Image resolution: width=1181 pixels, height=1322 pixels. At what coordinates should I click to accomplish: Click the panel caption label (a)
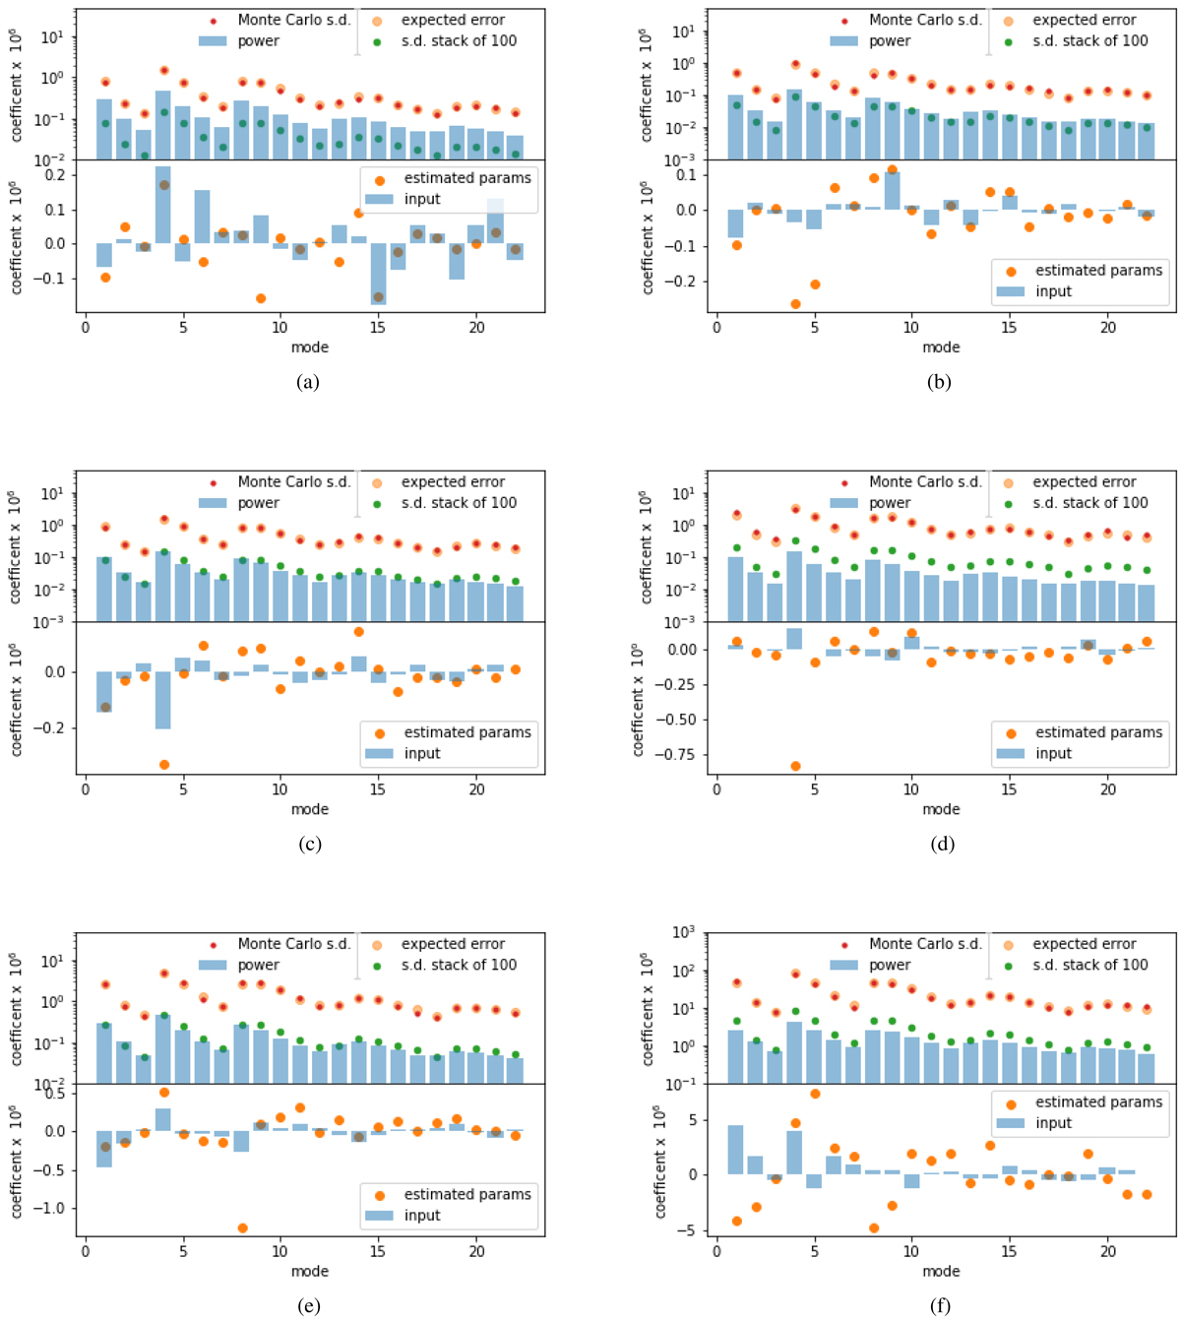[308, 382]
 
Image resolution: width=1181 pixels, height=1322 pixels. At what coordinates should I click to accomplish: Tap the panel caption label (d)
[940, 844]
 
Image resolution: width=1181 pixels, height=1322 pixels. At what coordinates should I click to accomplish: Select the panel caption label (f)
[940, 1306]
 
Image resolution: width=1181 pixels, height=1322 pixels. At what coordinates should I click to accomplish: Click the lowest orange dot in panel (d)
[795, 766]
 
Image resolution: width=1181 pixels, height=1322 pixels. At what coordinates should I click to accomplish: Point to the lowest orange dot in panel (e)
[242, 1228]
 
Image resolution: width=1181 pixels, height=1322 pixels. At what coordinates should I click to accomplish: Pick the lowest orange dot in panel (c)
[164, 764]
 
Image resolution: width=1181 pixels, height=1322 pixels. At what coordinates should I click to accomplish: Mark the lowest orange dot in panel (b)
[795, 304]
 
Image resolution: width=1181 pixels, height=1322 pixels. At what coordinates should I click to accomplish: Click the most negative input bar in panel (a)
[379, 274]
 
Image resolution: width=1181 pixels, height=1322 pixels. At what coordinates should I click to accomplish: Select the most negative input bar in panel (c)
[163, 700]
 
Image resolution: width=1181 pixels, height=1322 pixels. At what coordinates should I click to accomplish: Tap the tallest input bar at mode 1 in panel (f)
[735, 1150]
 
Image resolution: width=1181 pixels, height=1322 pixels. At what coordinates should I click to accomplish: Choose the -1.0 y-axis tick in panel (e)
[51, 1208]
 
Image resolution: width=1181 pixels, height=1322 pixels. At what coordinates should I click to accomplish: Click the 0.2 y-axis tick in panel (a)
[53, 175]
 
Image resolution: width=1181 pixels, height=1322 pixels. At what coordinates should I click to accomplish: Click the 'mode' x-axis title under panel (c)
[309, 809]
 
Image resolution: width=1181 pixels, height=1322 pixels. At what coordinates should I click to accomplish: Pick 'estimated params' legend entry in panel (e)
[467, 1194]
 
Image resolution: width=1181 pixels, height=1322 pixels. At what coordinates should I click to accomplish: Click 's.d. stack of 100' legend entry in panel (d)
[1089, 503]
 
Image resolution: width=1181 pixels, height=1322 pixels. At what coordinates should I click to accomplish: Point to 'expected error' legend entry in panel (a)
[453, 20]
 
